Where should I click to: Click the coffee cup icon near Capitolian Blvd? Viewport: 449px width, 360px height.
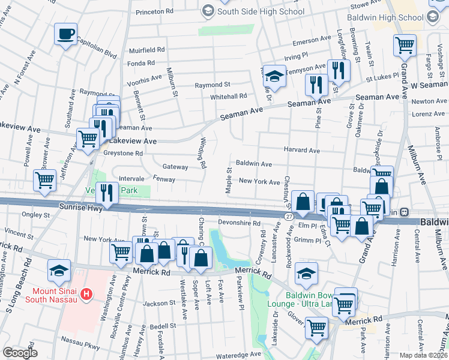pyautogui.click(x=66, y=34)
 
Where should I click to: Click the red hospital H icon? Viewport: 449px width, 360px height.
pyautogui.click(x=87, y=295)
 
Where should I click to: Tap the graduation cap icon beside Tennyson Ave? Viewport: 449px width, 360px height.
pyautogui.click(x=274, y=76)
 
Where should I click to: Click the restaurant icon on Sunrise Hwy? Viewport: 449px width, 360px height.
pyautogui.click(x=107, y=192)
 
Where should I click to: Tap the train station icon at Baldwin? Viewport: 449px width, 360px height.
pyautogui.click(x=405, y=212)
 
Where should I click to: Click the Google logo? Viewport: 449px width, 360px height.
pyautogui.click(x=20, y=353)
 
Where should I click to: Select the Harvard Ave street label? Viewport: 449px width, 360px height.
pyautogui.click(x=302, y=151)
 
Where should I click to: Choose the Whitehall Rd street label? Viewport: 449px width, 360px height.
pyautogui.click(x=228, y=96)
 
